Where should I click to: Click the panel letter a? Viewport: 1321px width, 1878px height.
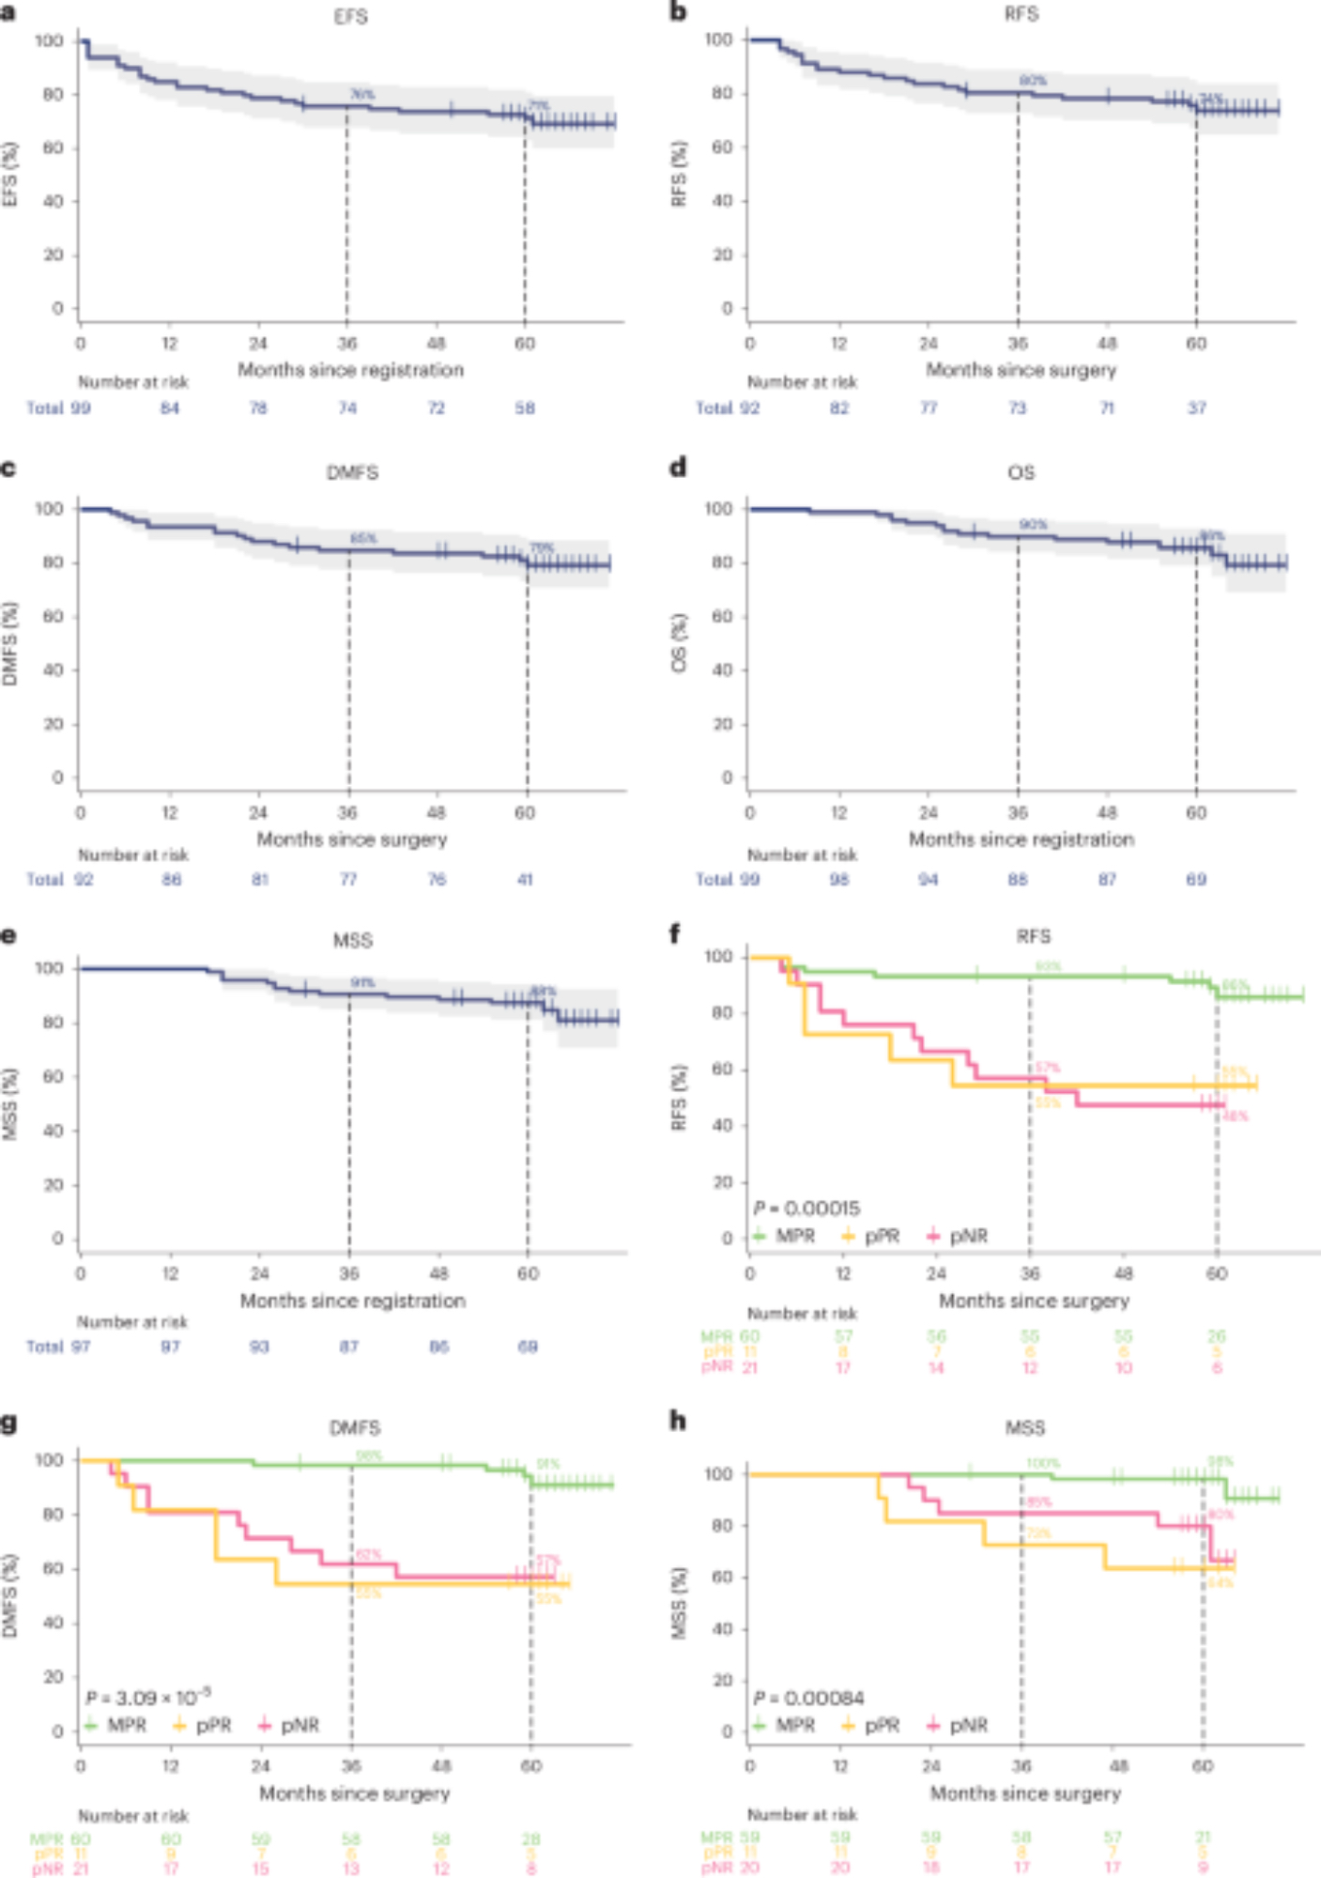(8, 12)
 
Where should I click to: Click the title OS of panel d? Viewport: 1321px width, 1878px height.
(1021, 472)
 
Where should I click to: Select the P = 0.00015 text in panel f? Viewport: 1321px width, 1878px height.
(806, 1208)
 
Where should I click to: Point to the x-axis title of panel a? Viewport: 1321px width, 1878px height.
(350, 370)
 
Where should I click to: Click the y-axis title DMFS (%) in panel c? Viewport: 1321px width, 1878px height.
(10, 643)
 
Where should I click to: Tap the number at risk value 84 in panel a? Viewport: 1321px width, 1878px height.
(169, 408)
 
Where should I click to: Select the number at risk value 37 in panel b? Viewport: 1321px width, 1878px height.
(1196, 408)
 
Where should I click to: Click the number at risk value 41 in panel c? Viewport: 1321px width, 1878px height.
(525, 880)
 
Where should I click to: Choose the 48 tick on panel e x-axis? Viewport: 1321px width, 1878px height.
(438, 1273)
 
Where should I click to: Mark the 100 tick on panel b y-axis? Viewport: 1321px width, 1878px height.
(718, 39)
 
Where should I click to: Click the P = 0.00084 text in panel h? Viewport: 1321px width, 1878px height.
(808, 1698)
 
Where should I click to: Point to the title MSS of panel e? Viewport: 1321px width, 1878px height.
(352, 940)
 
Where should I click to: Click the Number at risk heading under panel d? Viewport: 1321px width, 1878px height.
(802, 854)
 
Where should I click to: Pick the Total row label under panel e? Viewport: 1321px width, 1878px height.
(44, 1347)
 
